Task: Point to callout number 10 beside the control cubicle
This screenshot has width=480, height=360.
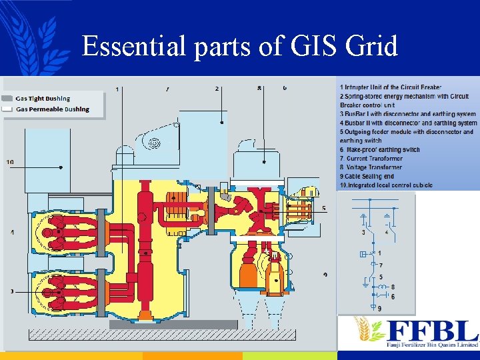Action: [x=10, y=162]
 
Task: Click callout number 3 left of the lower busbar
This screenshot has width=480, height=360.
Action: [x=12, y=291]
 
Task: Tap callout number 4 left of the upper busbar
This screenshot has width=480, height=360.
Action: [x=12, y=232]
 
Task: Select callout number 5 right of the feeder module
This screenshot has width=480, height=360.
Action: [x=323, y=208]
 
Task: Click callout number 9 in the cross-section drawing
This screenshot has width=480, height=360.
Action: [x=325, y=275]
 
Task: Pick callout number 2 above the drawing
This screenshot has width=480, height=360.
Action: [x=217, y=88]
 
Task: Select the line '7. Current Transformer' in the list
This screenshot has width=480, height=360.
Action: [x=372, y=159]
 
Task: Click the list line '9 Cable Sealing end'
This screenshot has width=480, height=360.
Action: [x=367, y=176]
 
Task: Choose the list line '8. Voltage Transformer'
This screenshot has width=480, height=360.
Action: [x=371, y=167]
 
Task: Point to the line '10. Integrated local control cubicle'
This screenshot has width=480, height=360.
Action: [x=387, y=185]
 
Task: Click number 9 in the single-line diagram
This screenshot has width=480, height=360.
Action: [x=380, y=309]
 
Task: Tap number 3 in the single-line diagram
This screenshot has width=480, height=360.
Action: [x=363, y=233]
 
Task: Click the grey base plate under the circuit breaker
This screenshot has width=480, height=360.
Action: [x=173, y=325]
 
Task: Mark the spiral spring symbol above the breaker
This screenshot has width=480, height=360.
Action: [x=155, y=143]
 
